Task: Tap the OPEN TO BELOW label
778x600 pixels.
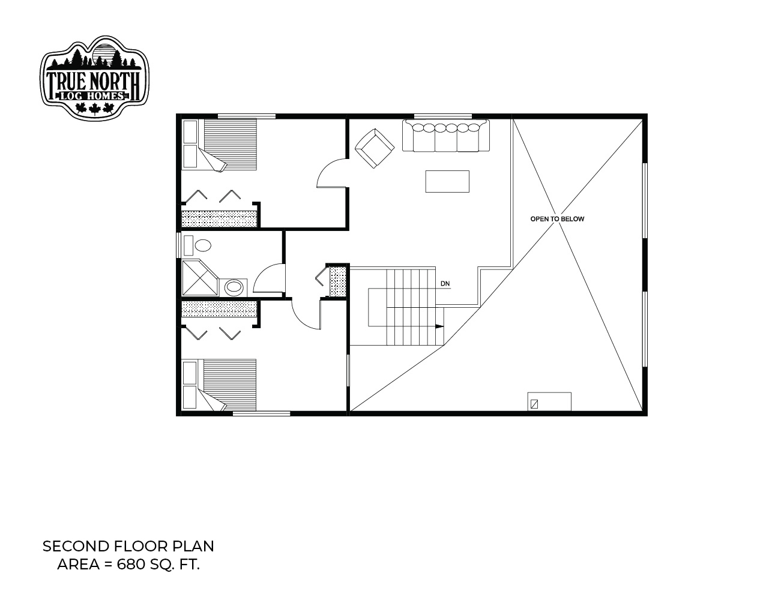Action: pyautogui.click(x=557, y=219)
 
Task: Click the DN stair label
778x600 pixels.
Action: pyautogui.click(x=445, y=284)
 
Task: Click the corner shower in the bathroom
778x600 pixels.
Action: pyautogui.click(x=200, y=278)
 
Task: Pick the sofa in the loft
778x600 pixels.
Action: pyautogui.click(x=446, y=136)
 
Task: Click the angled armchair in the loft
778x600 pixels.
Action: pyautogui.click(x=375, y=148)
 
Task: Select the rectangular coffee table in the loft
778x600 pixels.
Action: pyautogui.click(x=447, y=181)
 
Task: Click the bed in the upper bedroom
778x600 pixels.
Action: pyautogui.click(x=220, y=145)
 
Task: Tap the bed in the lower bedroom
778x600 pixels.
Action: pyautogui.click(x=220, y=385)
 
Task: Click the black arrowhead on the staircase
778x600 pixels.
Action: pyautogui.click(x=439, y=326)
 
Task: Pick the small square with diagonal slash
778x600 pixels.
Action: pyautogui.click(x=534, y=404)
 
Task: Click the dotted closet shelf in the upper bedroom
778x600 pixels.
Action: pyautogui.click(x=220, y=218)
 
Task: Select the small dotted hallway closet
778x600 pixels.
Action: pyautogui.click(x=337, y=281)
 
